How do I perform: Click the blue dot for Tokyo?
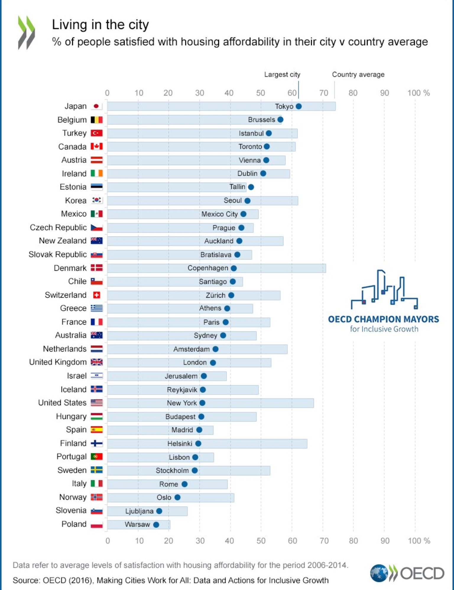(299, 106)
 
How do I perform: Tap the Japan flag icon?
(96, 106)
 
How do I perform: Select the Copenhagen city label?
(208, 268)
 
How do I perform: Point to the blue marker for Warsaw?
(156, 525)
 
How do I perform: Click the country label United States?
(62, 403)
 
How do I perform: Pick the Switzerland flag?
(96, 295)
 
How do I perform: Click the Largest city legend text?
(282, 75)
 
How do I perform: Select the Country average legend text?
(358, 75)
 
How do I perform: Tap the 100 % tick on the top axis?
(418, 93)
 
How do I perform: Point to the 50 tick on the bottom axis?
(261, 541)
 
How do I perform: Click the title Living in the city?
(100, 25)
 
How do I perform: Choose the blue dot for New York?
(202, 403)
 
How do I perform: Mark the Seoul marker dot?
(247, 201)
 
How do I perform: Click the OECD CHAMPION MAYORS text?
(383, 319)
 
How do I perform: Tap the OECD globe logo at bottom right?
(379, 573)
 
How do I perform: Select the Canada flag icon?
(96, 146)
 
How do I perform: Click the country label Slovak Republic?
(58, 254)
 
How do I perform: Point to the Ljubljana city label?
(139, 511)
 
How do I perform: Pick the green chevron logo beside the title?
(26, 32)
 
